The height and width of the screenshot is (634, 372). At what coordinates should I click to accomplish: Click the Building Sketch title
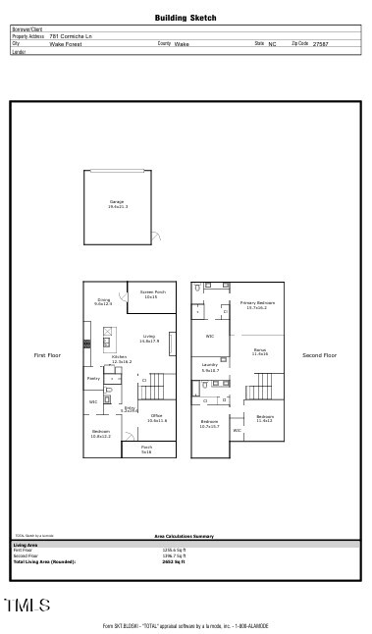coord(186,18)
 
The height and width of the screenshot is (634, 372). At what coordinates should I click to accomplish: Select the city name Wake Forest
coord(67,44)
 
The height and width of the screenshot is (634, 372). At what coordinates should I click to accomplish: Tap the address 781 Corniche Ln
coord(71,36)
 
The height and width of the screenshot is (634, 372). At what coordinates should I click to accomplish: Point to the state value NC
coord(271,44)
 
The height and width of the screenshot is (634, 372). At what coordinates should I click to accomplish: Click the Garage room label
coord(117,204)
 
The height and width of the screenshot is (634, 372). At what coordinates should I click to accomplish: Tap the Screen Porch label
coord(152,293)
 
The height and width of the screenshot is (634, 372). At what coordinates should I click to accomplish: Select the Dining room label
coord(103,302)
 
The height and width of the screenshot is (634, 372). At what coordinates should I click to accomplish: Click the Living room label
coord(149,339)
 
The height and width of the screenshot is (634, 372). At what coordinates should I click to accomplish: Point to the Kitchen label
coord(121,360)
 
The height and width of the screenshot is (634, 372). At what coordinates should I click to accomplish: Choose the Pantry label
coord(94,378)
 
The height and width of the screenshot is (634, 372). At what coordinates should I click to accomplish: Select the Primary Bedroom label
coord(257,305)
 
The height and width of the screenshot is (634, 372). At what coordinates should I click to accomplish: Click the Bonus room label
coord(260,350)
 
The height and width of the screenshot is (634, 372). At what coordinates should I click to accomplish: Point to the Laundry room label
coord(210,368)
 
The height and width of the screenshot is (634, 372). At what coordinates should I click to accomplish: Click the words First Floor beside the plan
coord(47,355)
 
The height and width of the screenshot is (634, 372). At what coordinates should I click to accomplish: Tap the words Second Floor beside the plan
coord(319,355)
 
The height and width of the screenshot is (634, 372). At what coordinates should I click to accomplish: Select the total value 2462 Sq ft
coord(174,560)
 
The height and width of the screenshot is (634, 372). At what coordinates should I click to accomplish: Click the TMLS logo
coord(27,606)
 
